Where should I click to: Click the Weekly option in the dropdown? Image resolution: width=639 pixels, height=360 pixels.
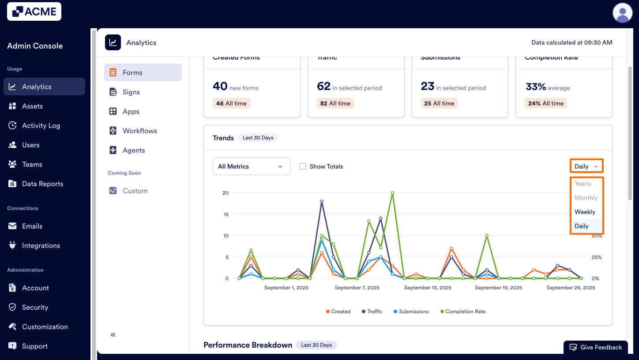click(x=585, y=212)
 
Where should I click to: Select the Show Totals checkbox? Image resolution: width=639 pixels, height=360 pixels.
click(x=303, y=166)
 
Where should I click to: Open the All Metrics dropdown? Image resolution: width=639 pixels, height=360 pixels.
click(x=251, y=166)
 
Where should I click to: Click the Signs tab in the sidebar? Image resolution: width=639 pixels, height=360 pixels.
click(x=131, y=92)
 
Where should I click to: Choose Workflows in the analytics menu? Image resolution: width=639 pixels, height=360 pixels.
click(x=139, y=131)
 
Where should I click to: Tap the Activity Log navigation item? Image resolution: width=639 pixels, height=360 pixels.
click(x=41, y=126)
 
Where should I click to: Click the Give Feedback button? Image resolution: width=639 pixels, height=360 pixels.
click(x=595, y=347)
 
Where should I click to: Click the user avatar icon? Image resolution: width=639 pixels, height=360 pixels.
click(x=622, y=12)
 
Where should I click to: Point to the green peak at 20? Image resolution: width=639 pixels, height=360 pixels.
click(x=392, y=193)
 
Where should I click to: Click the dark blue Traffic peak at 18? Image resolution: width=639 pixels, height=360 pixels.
click(x=322, y=201)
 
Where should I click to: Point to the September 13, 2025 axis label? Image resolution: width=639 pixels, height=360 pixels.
click(x=428, y=288)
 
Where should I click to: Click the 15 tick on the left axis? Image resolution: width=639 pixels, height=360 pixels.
click(x=225, y=214)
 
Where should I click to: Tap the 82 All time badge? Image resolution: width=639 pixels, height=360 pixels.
click(x=335, y=103)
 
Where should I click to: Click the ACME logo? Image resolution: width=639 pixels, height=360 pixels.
click(x=34, y=11)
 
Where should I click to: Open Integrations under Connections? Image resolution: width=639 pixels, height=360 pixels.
click(x=41, y=246)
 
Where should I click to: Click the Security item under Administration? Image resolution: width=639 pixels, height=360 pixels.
click(x=35, y=307)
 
